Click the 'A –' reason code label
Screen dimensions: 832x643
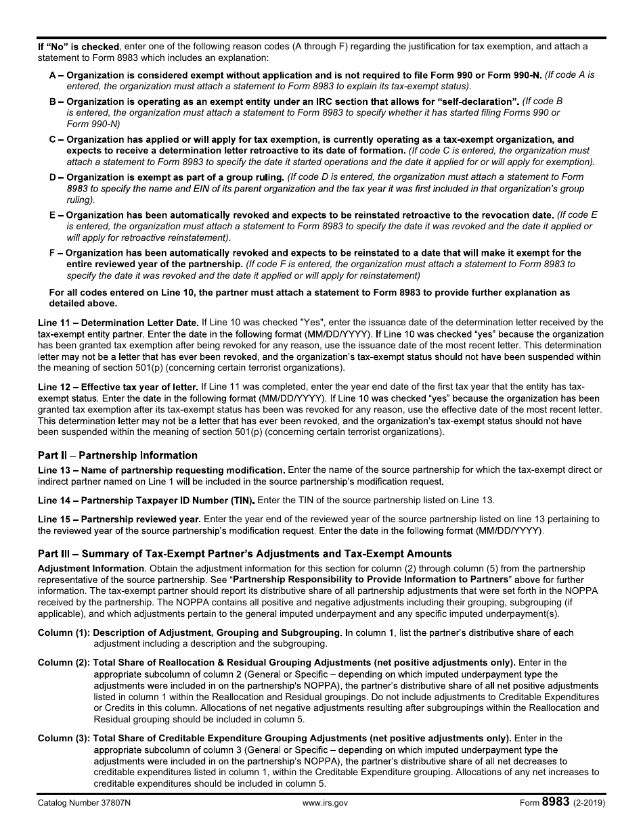56,75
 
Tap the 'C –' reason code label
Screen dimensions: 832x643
56,139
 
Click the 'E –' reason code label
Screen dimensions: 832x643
56,214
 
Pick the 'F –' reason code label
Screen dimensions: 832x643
56,253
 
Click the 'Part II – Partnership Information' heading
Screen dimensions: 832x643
118,455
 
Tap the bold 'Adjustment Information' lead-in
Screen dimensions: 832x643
91,568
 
